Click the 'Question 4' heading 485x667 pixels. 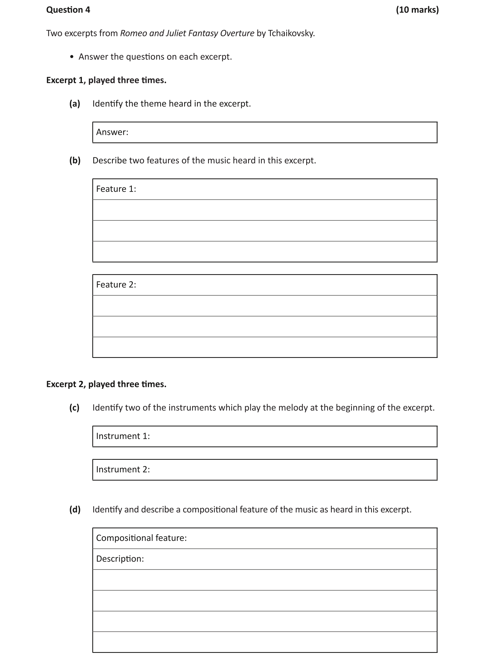68,10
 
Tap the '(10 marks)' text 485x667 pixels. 417,10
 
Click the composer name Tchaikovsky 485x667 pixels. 291,33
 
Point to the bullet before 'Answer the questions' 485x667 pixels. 72,57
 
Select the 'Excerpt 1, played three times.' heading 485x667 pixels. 106,80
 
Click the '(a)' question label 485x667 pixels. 75,104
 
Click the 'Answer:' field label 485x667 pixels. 112,132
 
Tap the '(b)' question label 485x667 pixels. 75,161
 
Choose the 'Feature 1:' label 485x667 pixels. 116,189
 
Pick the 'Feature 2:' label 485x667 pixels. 116,285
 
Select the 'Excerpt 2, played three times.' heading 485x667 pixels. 106,384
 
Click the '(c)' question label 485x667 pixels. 74,408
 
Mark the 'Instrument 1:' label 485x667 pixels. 123,436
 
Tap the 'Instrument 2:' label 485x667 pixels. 123,469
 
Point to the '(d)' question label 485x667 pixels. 75,510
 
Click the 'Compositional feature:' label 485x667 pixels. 141,538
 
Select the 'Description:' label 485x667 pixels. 120,559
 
